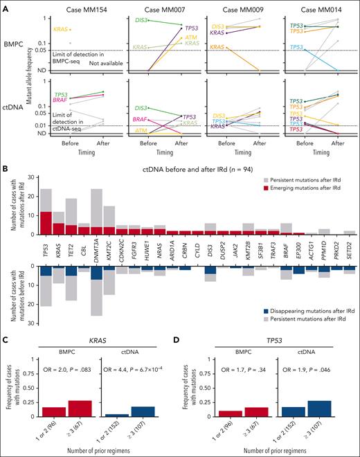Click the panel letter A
tap(5, 5)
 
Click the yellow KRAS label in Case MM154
tap(62, 30)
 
